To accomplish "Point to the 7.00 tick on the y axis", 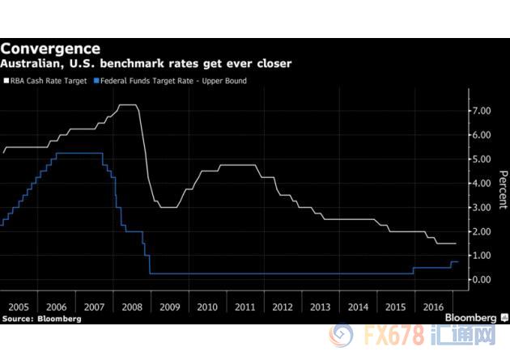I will pos(482,110).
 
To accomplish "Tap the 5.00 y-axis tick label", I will pos(482,159).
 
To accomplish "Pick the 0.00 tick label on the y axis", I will pos(482,280).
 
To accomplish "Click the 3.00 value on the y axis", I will pos(482,207).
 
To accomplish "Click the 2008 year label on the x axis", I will pos(130,307).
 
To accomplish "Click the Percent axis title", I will pos(503,190).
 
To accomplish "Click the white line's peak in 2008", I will pos(127,105).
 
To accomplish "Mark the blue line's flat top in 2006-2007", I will pos(78,153).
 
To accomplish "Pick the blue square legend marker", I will pos(98,81).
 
